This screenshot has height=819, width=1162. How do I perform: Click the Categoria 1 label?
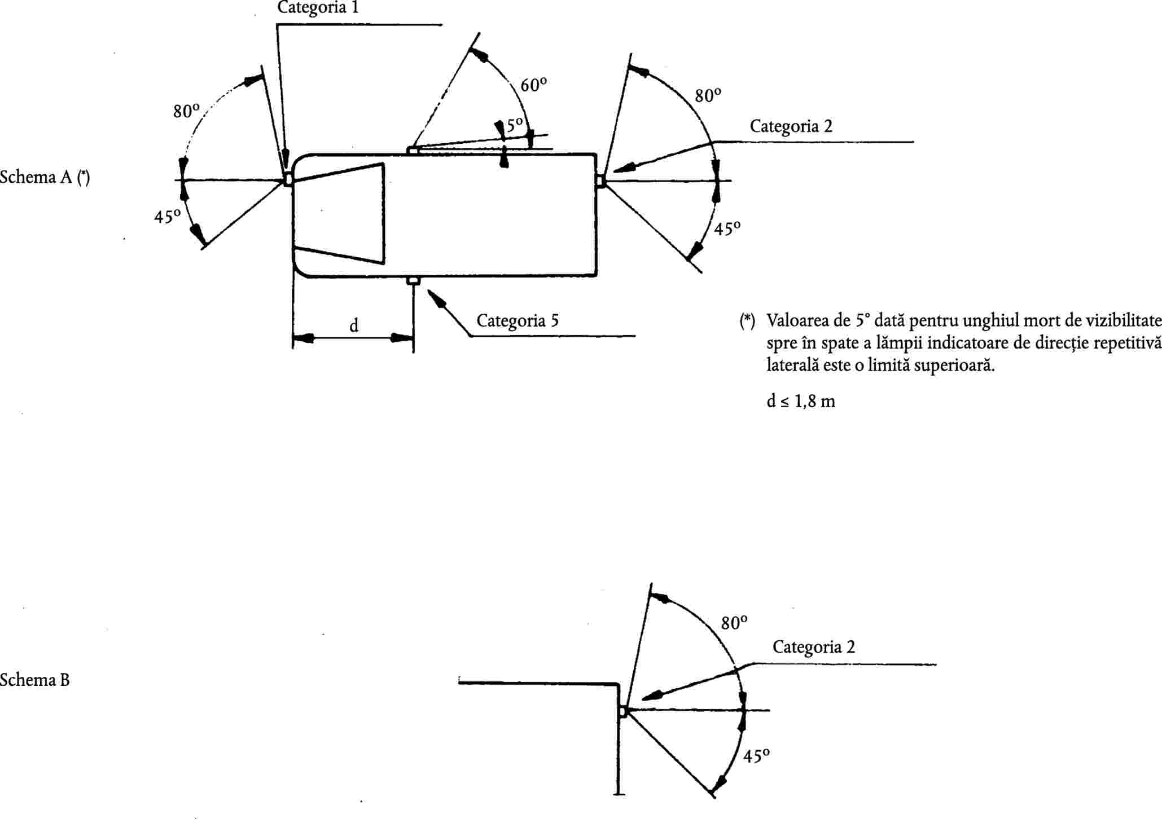click(318, 8)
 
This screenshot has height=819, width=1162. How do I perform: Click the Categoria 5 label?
click(518, 321)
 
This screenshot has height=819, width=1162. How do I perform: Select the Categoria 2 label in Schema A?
click(791, 126)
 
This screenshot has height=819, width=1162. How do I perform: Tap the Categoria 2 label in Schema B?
click(814, 647)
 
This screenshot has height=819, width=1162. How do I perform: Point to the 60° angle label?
click(533, 85)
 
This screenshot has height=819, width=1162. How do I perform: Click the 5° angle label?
click(515, 125)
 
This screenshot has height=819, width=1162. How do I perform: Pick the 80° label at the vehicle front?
click(187, 111)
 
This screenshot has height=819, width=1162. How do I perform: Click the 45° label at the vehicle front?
click(167, 216)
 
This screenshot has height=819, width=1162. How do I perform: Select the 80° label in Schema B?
click(734, 623)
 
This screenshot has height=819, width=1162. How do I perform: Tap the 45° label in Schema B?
click(757, 756)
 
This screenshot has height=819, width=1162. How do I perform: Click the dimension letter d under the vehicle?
click(354, 325)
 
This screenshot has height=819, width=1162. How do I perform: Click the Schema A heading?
click(45, 177)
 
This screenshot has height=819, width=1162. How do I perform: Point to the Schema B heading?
click(34, 680)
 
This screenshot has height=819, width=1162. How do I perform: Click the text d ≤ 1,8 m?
click(801, 401)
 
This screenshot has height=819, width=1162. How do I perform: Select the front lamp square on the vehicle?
click(288, 179)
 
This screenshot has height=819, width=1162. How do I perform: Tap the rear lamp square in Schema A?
click(600, 180)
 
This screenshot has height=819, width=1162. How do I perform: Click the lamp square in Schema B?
click(622, 711)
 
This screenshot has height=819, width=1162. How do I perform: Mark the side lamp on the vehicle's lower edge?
click(413, 280)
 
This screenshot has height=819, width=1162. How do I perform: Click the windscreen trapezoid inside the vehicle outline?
click(339, 213)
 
